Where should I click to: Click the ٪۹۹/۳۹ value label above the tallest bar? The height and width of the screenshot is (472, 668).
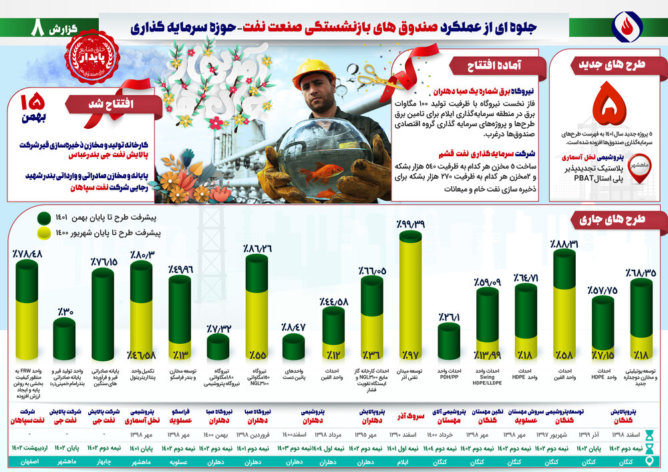[x=409, y=224]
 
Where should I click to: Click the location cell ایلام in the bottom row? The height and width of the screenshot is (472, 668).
[x=410, y=461]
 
